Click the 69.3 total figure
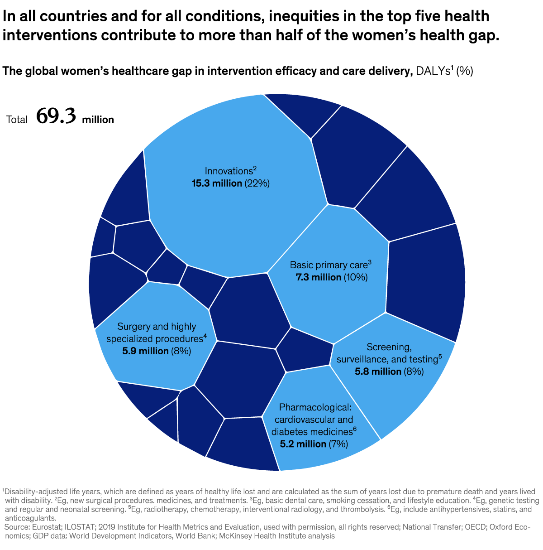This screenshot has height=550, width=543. point(56,116)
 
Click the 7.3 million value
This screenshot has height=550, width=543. point(318,277)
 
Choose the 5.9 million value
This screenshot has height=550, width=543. point(145,351)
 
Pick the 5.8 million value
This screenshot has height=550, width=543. point(378,371)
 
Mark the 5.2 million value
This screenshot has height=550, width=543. point(303,444)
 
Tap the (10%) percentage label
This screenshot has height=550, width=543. point(355,277)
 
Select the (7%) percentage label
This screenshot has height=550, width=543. point(338,444)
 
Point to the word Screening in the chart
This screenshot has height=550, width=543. point(389,347)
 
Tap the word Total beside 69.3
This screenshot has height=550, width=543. point(17,120)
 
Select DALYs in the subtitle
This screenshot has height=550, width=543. point(433,71)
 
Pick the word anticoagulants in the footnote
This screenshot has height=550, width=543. point(30,518)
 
